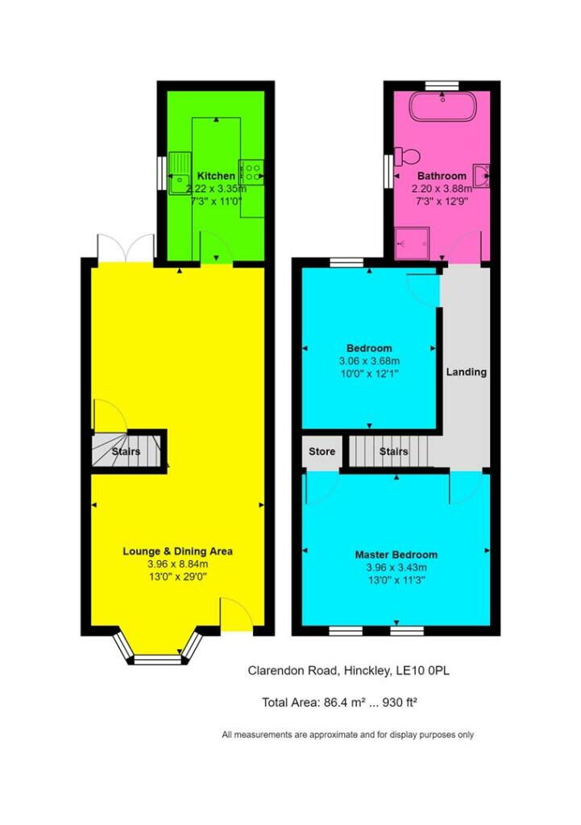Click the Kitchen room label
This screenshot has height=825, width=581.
pyautogui.click(x=216, y=176)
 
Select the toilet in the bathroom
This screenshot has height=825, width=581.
pyautogui.click(x=407, y=155)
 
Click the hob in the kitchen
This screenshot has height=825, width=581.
pyautogui.click(x=252, y=170)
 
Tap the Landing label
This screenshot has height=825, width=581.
pyautogui.click(x=467, y=372)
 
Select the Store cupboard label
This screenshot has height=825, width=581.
pyautogui.click(x=322, y=452)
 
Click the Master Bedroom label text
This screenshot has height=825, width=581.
pyautogui.click(x=396, y=555)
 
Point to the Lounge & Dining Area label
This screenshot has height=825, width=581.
pyautogui.click(x=177, y=552)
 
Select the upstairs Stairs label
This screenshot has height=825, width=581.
pyautogui.click(x=393, y=452)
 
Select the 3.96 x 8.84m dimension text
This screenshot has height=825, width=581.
pyautogui.click(x=177, y=564)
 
